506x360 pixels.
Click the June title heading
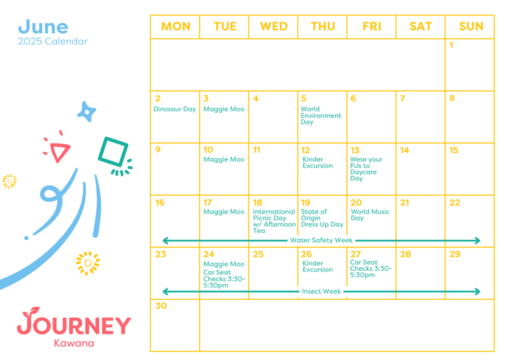[x=43, y=27]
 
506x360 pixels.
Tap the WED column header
[x=274, y=27]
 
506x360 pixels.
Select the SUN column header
[x=471, y=27]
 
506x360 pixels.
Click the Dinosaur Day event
[x=175, y=109]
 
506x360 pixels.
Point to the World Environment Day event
[x=321, y=116]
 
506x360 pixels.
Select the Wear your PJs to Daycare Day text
[x=366, y=169]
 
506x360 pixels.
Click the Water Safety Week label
[x=321, y=240]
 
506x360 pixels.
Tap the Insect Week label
[x=321, y=291]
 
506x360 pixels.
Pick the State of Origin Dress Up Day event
[x=322, y=218]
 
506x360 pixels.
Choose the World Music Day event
[x=370, y=214]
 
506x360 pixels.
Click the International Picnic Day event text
[x=275, y=221]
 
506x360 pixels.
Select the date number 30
[x=161, y=306]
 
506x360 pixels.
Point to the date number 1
[x=451, y=45]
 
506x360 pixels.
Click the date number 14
[x=404, y=150]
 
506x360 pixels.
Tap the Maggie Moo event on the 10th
[x=224, y=159]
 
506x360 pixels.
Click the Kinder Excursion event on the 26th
[x=318, y=266]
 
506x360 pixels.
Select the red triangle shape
[x=59, y=151]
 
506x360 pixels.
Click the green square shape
[x=113, y=152]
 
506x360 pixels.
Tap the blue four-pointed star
[x=87, y=112]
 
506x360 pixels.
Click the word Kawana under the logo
[x=74, y=343]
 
